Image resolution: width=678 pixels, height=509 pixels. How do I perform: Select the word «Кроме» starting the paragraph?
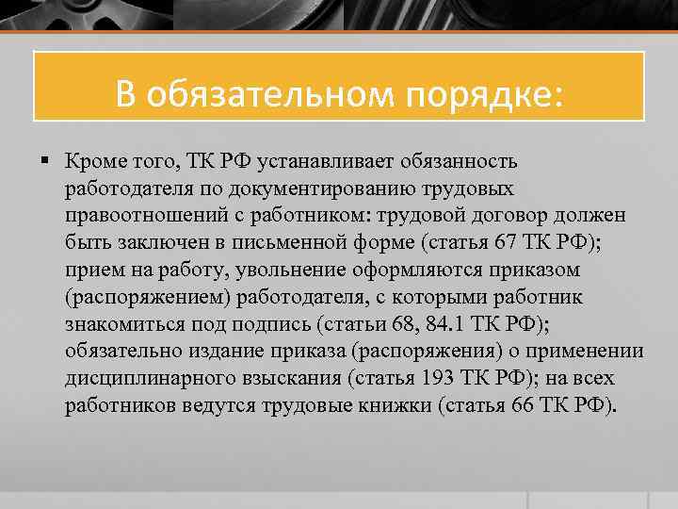pos(95,161)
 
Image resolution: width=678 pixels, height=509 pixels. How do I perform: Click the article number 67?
pos(507,243)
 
